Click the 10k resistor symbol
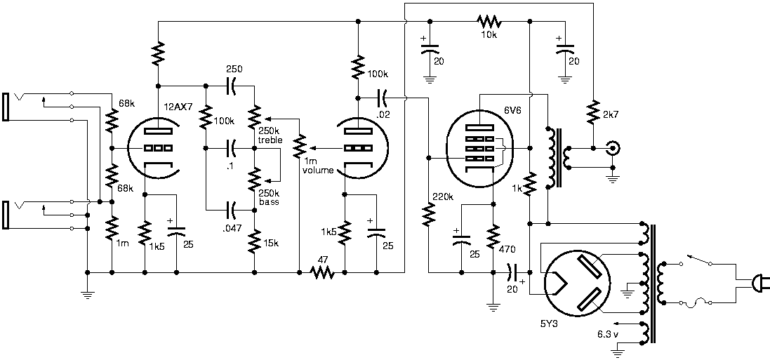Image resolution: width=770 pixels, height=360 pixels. tap(488, 21)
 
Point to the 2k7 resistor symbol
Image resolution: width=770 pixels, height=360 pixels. tap(593, 112)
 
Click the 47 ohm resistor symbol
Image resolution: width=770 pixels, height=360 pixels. tap(322, 272)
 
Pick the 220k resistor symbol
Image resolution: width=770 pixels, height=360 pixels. tap(429, 213)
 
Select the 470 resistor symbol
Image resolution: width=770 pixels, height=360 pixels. tap(493, 236)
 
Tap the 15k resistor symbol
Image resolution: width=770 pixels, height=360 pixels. tap(254, 241)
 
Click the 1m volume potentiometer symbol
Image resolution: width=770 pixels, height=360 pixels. tap(298, 147)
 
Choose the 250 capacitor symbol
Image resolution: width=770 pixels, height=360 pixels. tap(231, 86)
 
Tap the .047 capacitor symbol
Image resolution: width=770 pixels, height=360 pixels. tap(231, 211)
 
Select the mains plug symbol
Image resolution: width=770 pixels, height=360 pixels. tap(761, 284)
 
